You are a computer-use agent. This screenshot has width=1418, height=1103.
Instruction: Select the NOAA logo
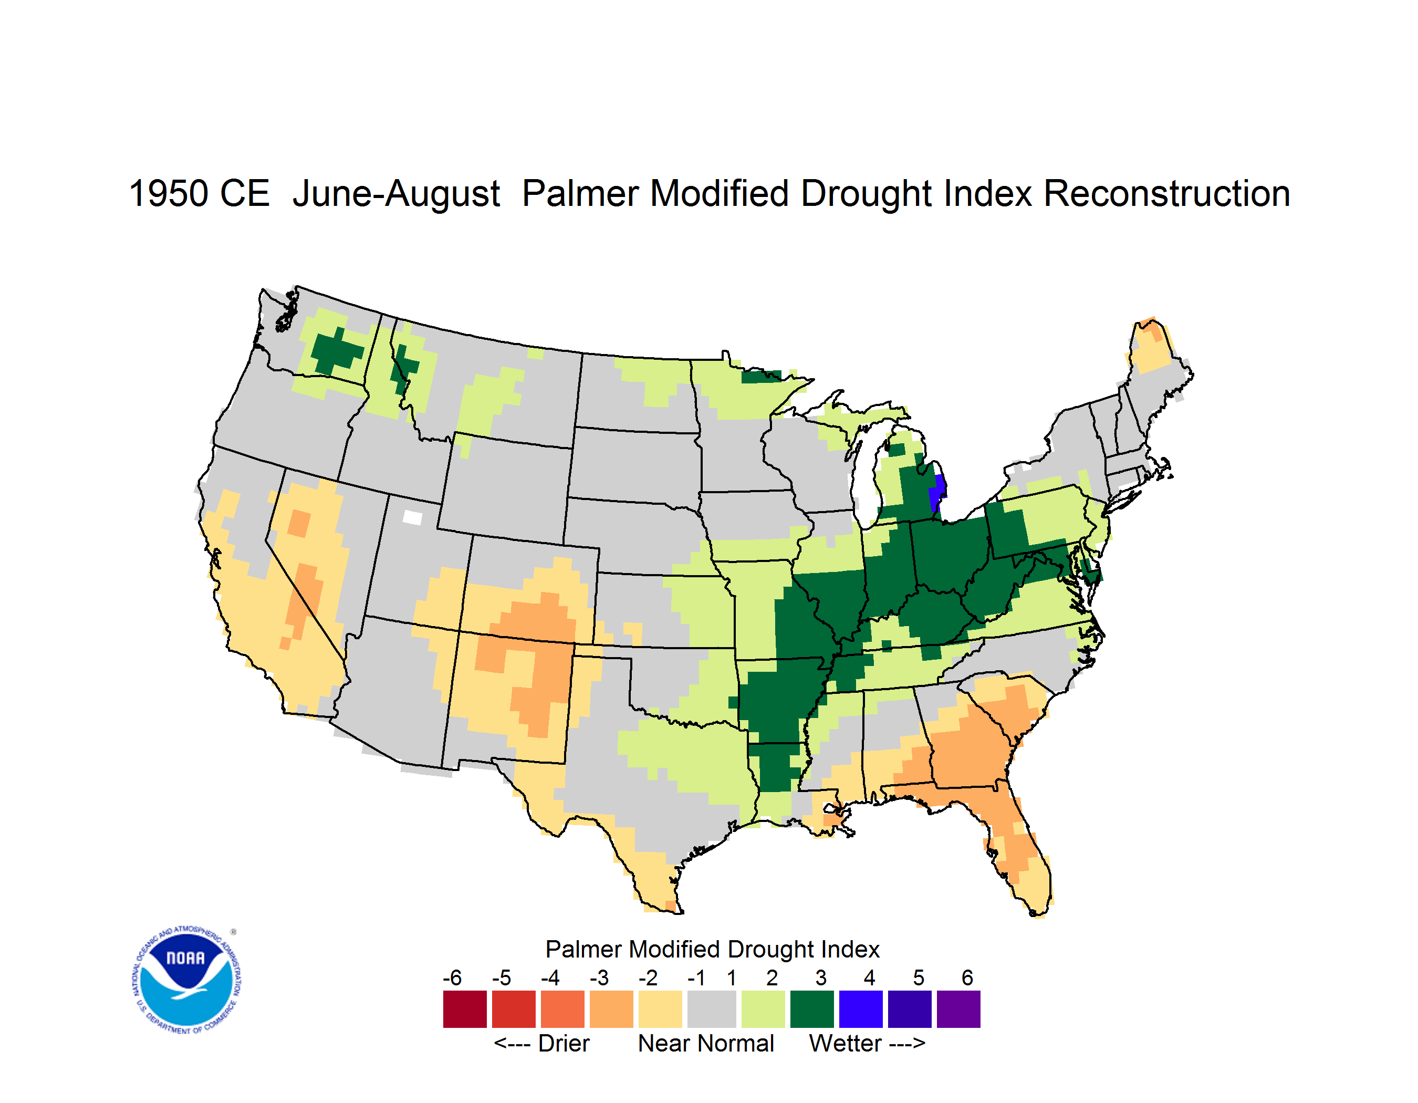[186, 980]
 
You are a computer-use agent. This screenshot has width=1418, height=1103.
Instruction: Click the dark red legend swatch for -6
[465, 1009]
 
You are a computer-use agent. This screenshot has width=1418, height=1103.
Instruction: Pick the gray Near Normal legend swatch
[712, 1009]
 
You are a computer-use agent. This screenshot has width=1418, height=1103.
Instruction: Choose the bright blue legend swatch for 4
[861, 1009]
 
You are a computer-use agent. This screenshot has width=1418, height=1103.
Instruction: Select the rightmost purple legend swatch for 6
[958, 1009]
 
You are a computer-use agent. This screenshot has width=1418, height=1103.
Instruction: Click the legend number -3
[599, 977]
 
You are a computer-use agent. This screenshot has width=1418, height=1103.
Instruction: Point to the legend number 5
[919, 977]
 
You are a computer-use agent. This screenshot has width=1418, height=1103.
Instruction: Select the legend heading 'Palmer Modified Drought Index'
[712, 949]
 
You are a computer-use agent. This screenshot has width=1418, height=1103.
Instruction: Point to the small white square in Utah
[412, 517]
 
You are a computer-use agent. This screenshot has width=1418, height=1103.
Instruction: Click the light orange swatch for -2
[660, 1009]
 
